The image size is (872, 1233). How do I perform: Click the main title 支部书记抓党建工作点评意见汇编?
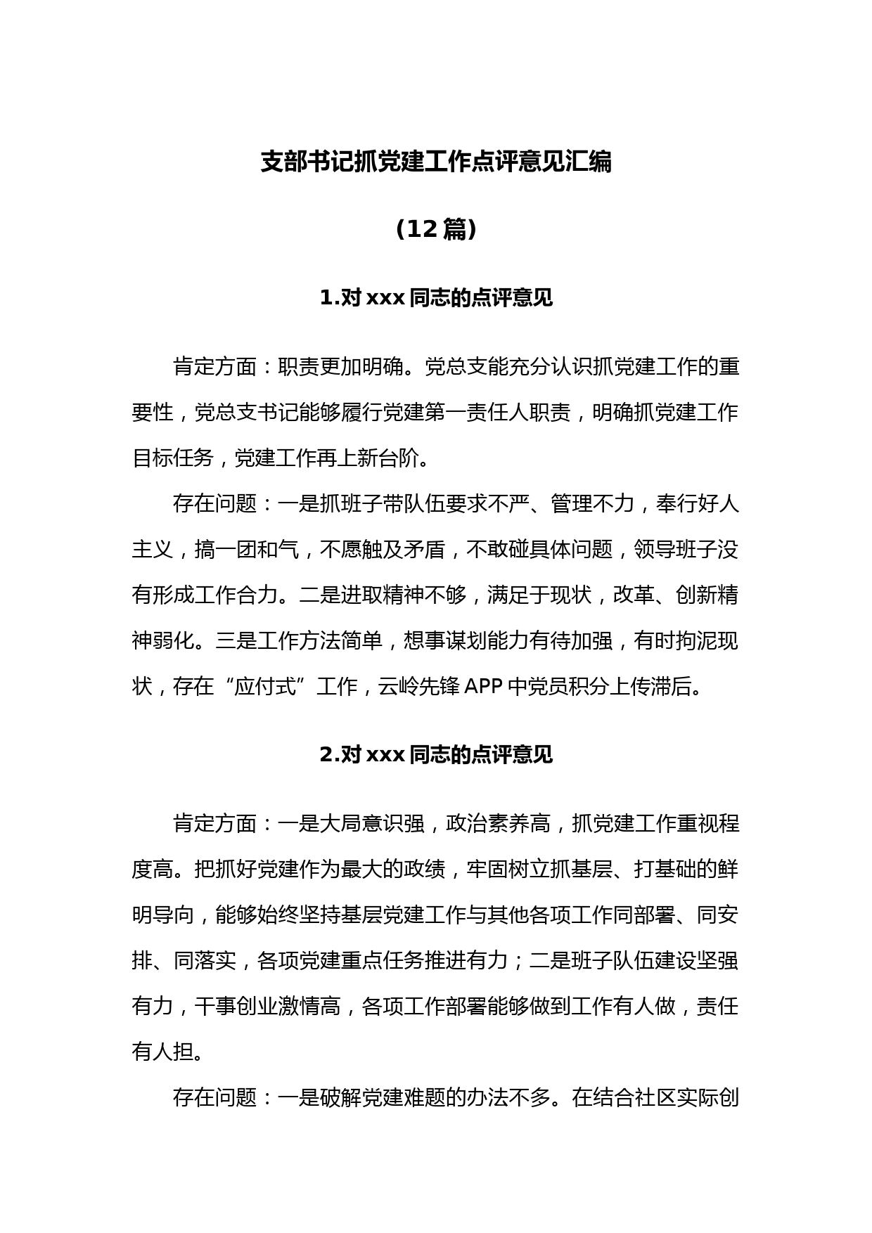click(x=436, y=162)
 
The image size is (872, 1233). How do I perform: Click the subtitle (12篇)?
click(x=436, y=229)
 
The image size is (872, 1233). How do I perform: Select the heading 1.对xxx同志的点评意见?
click(x=436, y=298)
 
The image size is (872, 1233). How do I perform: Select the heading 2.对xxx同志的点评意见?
click(x=436, y=755)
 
